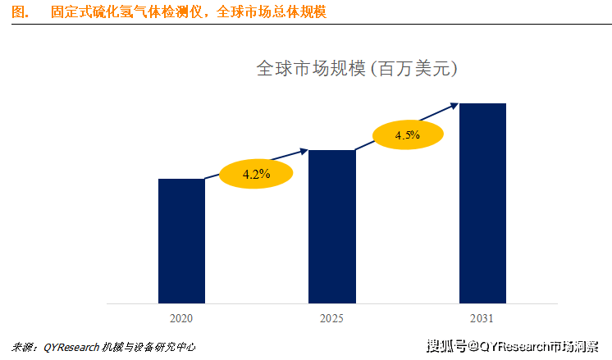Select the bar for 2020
point(181,239)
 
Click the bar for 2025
point(332,226)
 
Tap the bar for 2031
point(482,203)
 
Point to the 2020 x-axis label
point(181,317)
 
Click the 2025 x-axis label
point(331,317)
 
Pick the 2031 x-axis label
point(482,317)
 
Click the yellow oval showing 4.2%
point(256,174)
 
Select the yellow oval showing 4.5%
point(408,135)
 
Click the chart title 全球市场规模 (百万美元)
point(357,69)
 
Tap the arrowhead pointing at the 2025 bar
point(304,150)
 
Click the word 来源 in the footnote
point(24,347)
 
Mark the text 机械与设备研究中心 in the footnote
point(150,347)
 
